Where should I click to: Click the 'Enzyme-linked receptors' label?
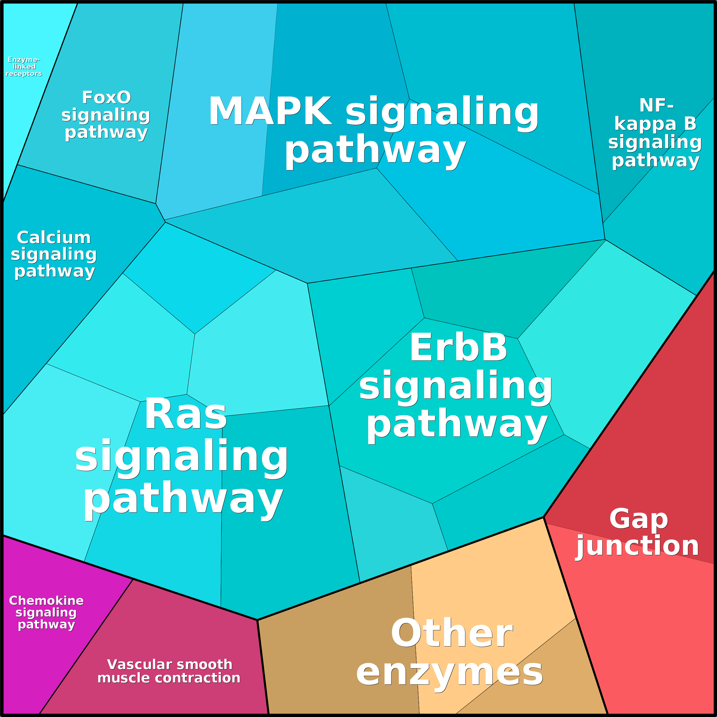24,67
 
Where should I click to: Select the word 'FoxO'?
106,98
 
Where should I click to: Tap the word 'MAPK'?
270,112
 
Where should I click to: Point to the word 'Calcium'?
54,238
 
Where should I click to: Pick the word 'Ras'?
186,414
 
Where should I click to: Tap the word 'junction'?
638,546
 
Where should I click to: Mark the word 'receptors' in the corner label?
24,74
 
